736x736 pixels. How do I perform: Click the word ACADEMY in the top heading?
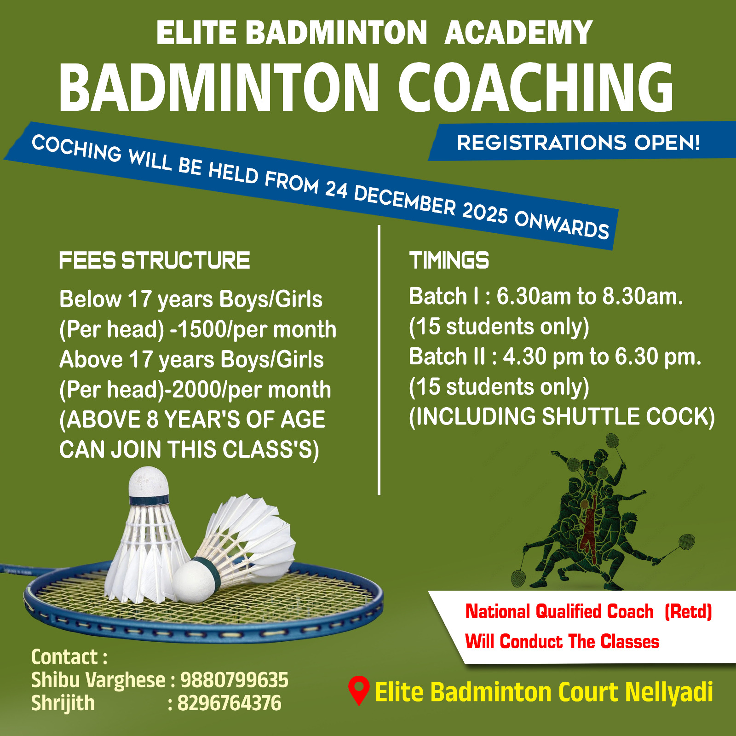coord(518,33)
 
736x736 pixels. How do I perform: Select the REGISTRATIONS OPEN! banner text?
coord(578,143)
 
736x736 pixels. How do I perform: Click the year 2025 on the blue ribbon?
coord(485,212)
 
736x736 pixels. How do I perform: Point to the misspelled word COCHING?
coord(76,148)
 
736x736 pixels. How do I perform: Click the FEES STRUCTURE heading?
coord(155,260)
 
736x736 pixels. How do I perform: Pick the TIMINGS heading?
coord(449,260)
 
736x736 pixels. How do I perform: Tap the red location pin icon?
coord(359,690)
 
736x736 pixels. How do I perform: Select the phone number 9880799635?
coord(234,680)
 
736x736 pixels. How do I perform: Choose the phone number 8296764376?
coord(229,703)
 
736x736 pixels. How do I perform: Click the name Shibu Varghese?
coord(98,680)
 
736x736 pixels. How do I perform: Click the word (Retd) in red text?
coord(688,612)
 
